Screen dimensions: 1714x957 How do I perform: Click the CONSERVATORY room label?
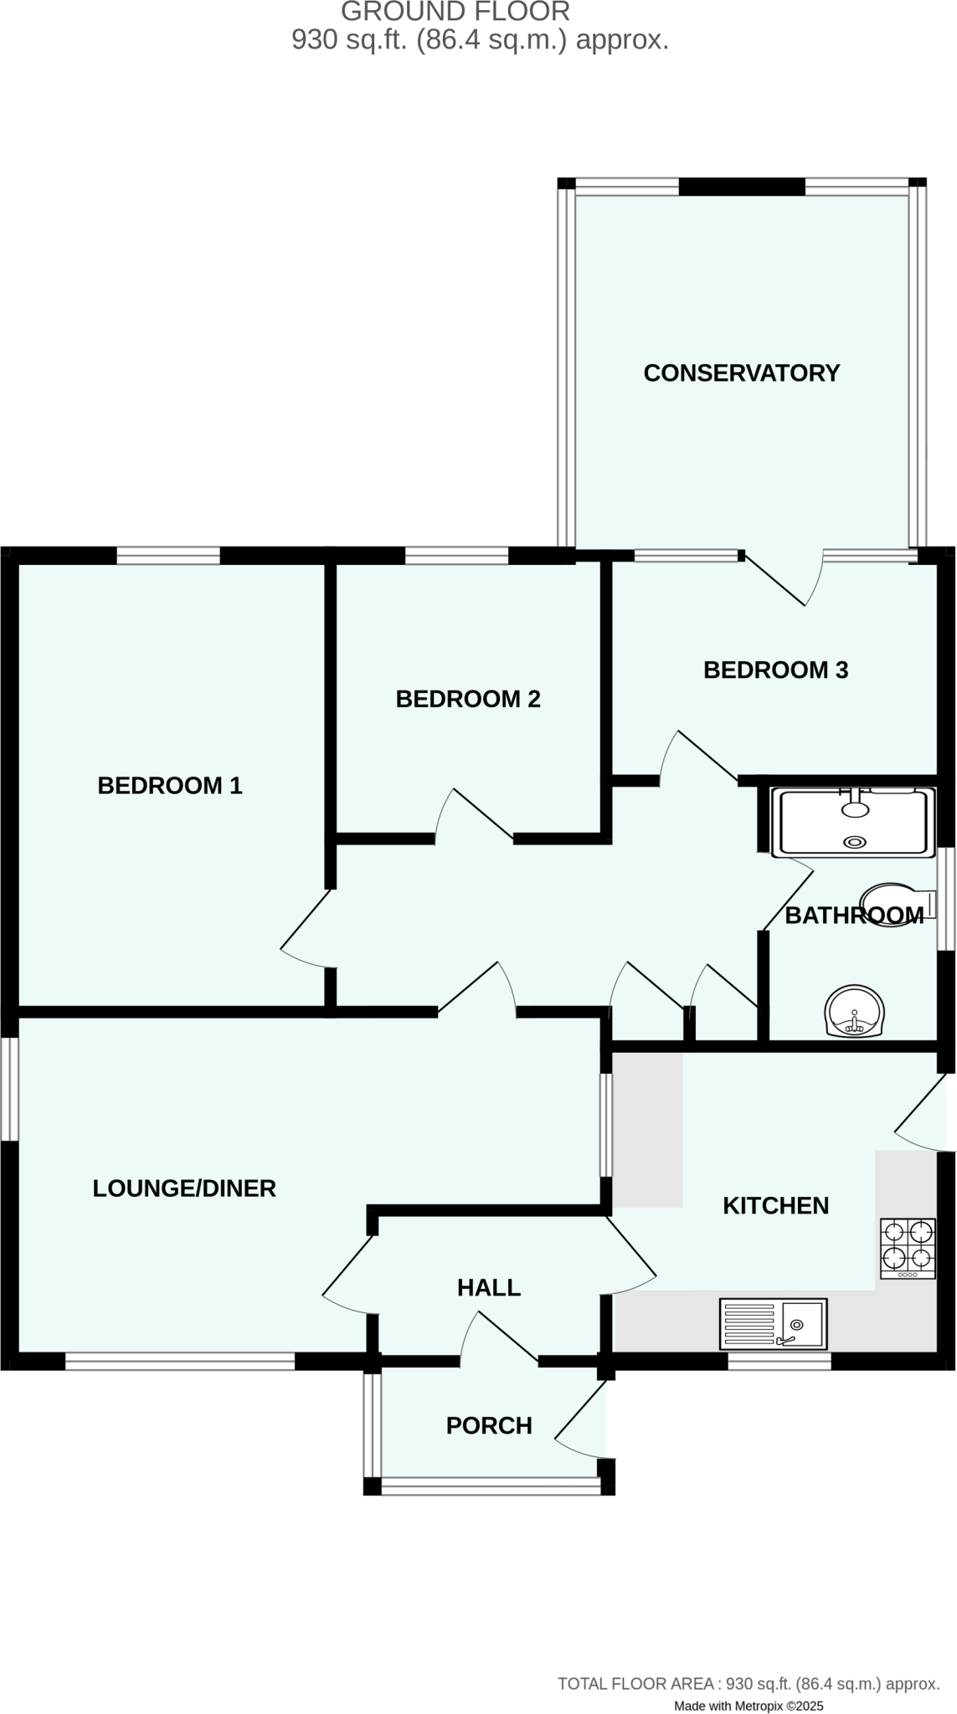(x=741, y=373)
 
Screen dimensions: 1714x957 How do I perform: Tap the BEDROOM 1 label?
(x=170, y=786)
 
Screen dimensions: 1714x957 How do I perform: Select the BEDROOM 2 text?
(x=468, y=699)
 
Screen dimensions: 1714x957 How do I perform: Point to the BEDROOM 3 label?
(x=775, y=670)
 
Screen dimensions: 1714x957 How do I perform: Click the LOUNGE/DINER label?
(x=184, y=1188)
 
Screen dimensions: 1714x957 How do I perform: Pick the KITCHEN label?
(x=775, y=1206)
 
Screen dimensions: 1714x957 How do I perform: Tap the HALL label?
(x=489, y=1288)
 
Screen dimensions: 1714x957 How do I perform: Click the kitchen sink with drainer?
(x=774, y=1324)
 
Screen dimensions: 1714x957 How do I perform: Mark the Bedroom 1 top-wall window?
(x=168, y=556)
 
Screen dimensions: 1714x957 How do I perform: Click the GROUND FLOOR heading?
(x=456, y=12)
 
